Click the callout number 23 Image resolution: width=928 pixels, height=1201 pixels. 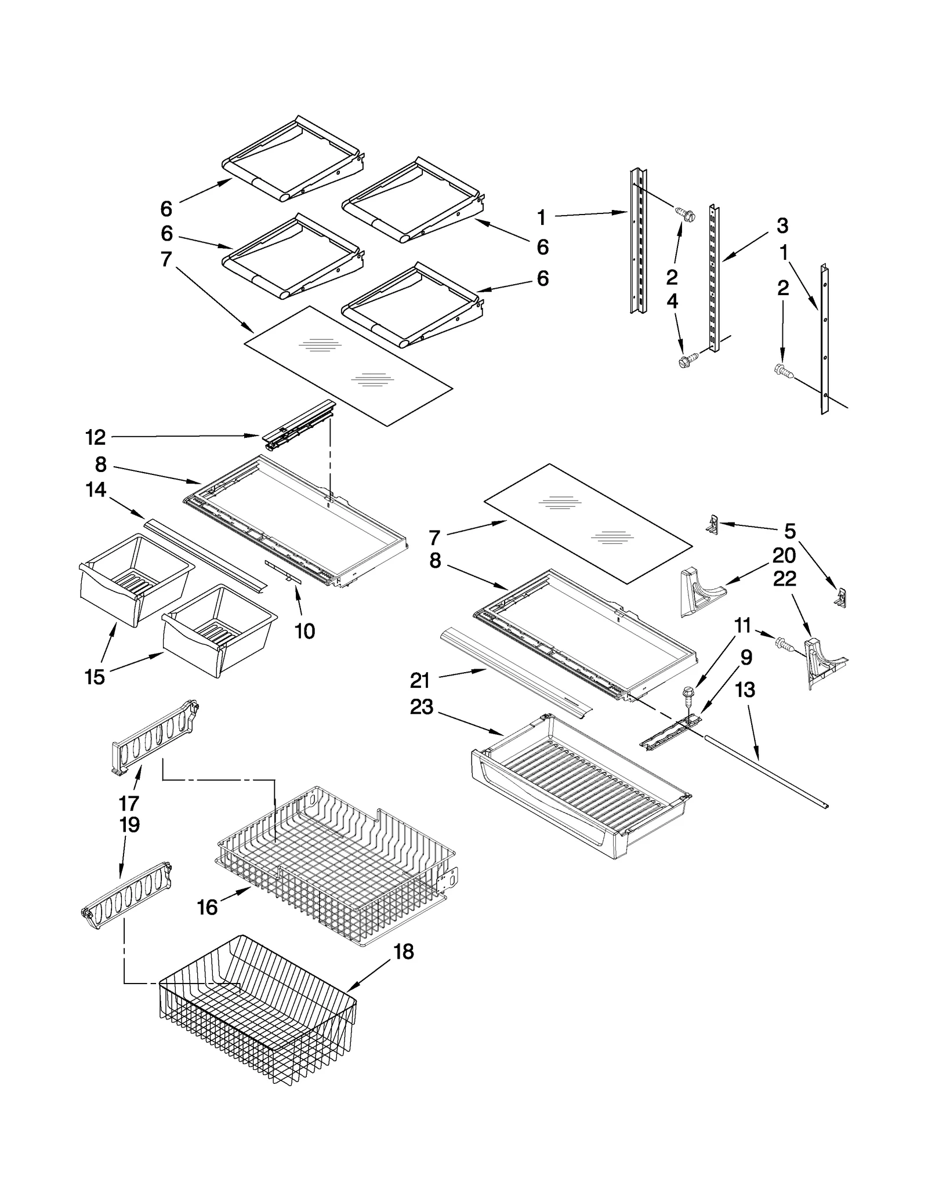point(421,707)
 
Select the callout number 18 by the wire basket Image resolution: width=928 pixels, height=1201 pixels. point(404,952)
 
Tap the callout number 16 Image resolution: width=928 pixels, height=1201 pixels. point(207,908)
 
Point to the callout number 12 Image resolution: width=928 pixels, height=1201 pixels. point(95,437)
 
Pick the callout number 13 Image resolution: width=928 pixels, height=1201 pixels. point(745,690)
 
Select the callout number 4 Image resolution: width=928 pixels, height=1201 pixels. point(672,302)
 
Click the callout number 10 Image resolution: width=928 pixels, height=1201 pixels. point(304,631)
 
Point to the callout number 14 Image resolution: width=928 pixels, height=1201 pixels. point(96,490)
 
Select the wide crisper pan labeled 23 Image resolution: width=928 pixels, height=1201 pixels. point(580,794)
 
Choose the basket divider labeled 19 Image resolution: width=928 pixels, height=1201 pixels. point(128,893)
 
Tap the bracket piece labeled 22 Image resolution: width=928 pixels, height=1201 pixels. point(824,661)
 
